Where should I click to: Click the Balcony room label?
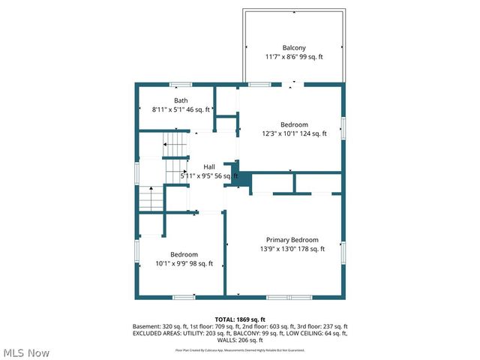point(294,47)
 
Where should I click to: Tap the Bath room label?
point(181,100)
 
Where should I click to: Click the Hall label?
point(210,166)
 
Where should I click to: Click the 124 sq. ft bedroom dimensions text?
point(295,134)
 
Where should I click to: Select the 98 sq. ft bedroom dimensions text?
point(184,263)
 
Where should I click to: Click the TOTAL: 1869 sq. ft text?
point(240,319)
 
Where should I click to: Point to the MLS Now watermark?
point(26,352)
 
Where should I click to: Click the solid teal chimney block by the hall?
point(240,179)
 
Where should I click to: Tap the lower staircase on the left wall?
point(151,199)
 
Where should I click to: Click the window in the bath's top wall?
point(180,84)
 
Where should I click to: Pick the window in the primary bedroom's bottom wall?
point(289,298)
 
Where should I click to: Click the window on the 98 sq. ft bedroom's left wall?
point(136,250)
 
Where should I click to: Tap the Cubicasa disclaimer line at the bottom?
point(240,349)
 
